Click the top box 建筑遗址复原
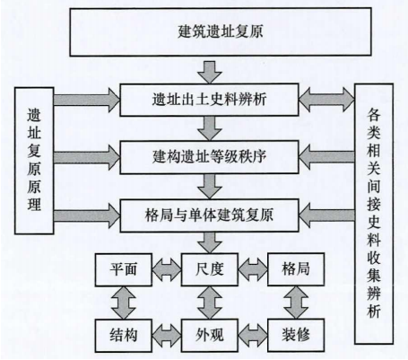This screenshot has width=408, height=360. [x=221, y=32]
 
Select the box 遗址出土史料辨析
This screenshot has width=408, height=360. [x=209, y=100]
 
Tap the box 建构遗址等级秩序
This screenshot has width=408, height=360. [x=209, y=157]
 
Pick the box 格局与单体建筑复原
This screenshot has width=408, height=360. [x=209, y=215]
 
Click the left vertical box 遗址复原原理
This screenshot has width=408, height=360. [x=34, y=161]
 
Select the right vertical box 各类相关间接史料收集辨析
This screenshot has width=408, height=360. [x=374, y=214]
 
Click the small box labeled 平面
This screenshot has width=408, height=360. [x=124, y=269]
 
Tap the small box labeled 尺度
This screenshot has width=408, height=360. [x=210, y=269]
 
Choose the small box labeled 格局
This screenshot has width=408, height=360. [x=296, y=269]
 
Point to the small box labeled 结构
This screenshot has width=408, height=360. [x=124, y=335]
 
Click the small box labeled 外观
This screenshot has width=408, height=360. [x=210, y=335]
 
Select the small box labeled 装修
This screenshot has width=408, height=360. [x=296, y=335]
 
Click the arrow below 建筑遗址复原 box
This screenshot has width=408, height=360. [x=210, y=73]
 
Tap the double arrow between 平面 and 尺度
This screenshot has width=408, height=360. [x=167, y=269]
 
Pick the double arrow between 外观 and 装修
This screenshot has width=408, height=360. [x=253, y=335]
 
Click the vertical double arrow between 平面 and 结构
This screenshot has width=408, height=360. [x=124, y=303]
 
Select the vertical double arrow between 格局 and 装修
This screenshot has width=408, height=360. [x=296, y=303]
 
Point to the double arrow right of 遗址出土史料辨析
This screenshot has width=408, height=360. [x=326, y=100]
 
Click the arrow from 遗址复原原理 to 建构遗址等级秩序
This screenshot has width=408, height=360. [x=87, y=157]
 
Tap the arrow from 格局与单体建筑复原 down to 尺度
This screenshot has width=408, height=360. [x=210, y=242]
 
